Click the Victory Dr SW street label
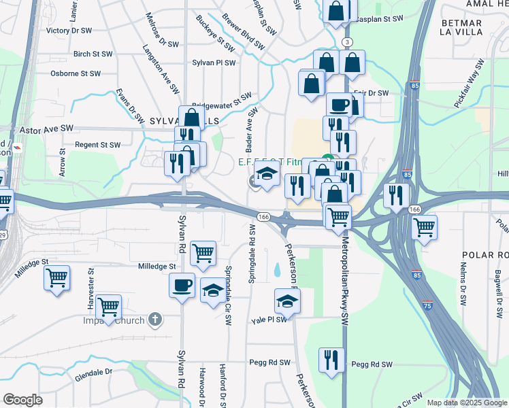point(69,31)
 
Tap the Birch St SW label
point(92,53)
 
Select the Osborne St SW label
point(76,73)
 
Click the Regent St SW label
point(97,145)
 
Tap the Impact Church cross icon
point(155,319)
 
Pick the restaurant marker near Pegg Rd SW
point(331,360)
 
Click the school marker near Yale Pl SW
point(288,301)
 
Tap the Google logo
point(22,399)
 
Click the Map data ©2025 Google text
point(467,403)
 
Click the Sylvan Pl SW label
point(214,63)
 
